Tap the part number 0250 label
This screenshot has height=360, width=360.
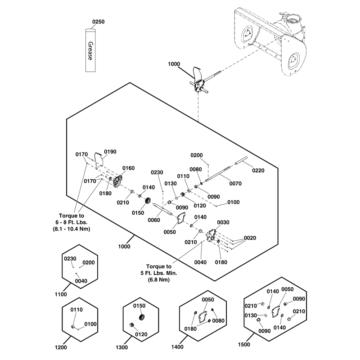coord(98,22)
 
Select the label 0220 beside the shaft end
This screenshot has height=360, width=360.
coord(258,171)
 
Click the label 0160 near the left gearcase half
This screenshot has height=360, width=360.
coord(128,168)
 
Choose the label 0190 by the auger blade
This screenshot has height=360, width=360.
coord(110,152)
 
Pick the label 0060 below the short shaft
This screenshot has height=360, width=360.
coord(154,220)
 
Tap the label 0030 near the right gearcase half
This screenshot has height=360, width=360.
coord(223,222)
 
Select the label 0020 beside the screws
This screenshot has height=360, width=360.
coord(250,238)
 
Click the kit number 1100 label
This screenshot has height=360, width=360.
coord(61,294)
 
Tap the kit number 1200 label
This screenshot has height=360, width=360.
coord(61,347)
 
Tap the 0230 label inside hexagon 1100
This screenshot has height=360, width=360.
coord(71,259)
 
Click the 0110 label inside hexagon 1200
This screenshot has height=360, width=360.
coord(77,310)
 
